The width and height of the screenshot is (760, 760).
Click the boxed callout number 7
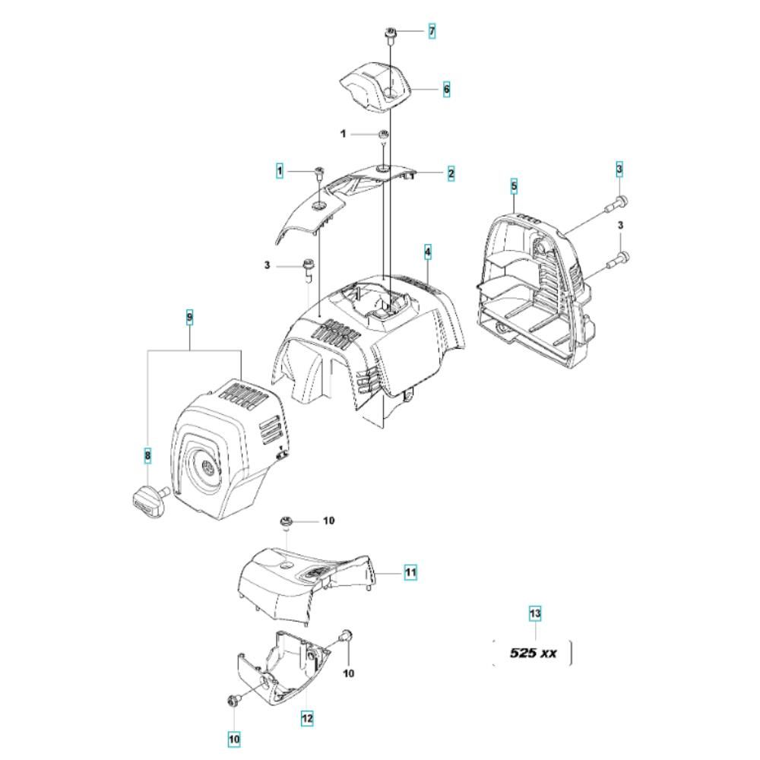click(x=432, y=31)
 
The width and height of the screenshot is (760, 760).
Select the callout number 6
click(x=446, y=89)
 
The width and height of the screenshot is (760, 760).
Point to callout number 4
click(x=428, y=252)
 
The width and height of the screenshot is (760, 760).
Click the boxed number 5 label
click(x=514, y=185)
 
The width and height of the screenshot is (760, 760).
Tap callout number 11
click(x=410, y=572)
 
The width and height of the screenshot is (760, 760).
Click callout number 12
click(x=306, y=717)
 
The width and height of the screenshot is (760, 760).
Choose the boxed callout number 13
click(x=535, y=613)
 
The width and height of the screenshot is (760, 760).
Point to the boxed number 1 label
click(x=280, y=172)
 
